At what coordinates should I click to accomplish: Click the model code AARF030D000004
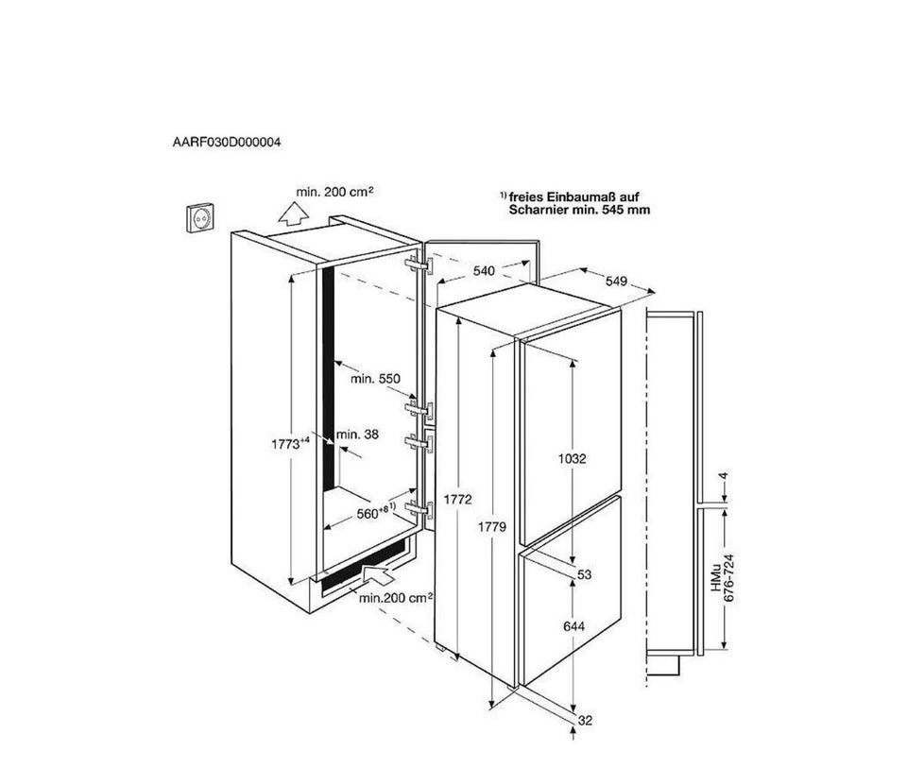[227, 142]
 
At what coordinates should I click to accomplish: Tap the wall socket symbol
[199, 217]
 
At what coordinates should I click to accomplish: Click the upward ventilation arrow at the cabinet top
[293, 214]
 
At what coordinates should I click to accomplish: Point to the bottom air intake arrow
[377, 574]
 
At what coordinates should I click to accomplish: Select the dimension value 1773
[285, 444]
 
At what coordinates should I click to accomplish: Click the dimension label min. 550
[375, 379]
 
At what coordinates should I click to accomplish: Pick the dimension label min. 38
[357, 434]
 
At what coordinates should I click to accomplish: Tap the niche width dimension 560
[368, 513]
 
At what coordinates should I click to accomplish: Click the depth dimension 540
[484, 271]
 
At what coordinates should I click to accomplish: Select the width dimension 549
[617, 282]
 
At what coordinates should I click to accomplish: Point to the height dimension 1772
[458, 499]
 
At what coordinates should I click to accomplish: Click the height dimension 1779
[491, 527]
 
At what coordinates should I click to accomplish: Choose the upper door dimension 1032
[573, 458]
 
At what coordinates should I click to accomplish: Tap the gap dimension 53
[584, 574]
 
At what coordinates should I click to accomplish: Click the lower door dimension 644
[573, 625]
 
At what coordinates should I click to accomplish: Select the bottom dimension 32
[586, 721]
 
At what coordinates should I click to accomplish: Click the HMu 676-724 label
[723, 578]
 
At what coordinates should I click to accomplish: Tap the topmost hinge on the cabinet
[419, 265]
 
